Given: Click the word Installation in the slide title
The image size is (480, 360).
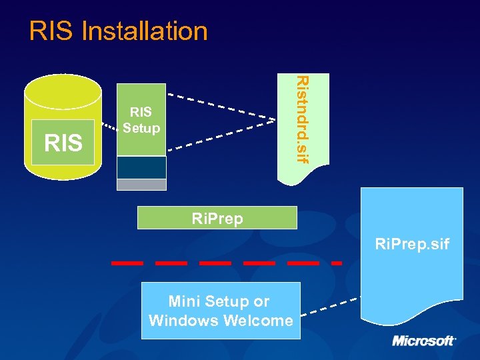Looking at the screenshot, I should coord(145,31).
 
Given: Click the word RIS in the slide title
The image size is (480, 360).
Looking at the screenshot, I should coord(52,31).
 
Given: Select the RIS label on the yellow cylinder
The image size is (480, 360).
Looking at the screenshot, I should coord(63,143).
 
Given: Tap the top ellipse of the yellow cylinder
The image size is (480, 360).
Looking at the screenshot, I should coord(63,87).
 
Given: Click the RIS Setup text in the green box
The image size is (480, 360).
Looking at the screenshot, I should coord(141,120).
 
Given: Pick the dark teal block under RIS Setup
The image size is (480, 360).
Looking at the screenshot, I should coord(141,167).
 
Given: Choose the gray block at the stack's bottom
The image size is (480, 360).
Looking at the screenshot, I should coord(141,185).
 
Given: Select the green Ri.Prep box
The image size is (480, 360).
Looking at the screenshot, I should coord(217,218).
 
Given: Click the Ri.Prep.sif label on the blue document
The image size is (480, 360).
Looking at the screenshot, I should coord(412,245).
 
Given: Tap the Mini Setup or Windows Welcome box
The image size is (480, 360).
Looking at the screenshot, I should coord(221,311).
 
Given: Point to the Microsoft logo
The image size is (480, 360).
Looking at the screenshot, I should coord(423,341).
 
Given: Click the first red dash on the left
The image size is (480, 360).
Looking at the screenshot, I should coord(127,263).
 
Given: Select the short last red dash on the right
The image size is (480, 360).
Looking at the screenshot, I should coord(337,263).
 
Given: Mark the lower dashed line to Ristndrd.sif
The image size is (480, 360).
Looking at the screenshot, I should coord(220,136).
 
